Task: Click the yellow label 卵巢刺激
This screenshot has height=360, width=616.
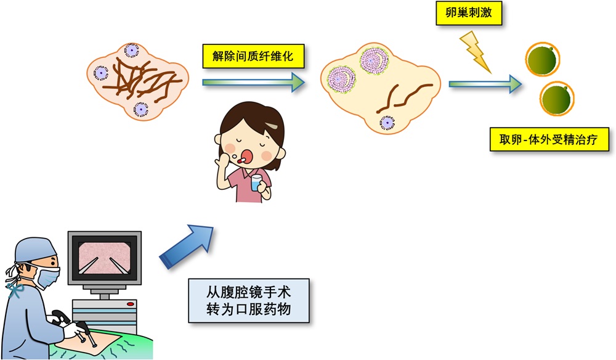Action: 469,13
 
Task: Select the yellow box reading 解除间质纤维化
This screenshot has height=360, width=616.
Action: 253,56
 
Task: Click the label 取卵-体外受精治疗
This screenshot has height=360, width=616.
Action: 549,139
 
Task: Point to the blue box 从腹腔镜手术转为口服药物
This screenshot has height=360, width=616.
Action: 249,301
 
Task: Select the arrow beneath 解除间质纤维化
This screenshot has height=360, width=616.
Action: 254,82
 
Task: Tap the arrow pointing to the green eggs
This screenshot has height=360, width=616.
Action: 485,84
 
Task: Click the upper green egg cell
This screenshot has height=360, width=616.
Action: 543,59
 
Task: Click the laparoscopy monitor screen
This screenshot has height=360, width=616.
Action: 104,258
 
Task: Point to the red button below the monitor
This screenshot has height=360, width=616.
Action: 131,304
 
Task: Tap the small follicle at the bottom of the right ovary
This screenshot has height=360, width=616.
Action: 387,123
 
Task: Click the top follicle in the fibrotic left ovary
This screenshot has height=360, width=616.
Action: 132,51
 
